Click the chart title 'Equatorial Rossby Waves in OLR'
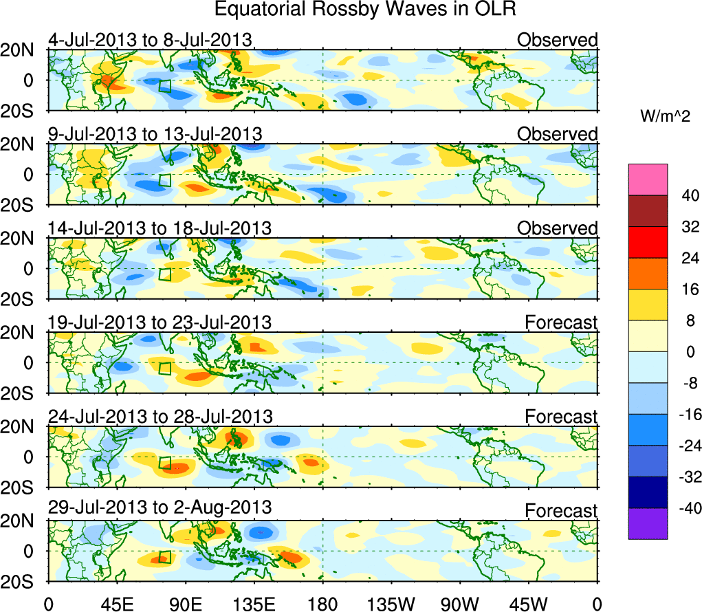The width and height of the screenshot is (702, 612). (364, 10)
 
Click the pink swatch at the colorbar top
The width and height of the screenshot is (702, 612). (648, 179)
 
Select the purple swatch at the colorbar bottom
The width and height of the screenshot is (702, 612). (648, 524)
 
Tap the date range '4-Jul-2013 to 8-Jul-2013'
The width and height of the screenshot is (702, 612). (150, 39)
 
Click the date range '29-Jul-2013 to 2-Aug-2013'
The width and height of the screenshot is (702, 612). (160, 507)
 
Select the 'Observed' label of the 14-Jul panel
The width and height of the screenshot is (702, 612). (557, 228)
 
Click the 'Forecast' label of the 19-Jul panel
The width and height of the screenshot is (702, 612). (561, 323)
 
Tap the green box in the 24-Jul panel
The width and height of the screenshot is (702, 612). (165, 462)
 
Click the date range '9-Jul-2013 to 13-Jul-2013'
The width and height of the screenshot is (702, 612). (155, 133)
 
